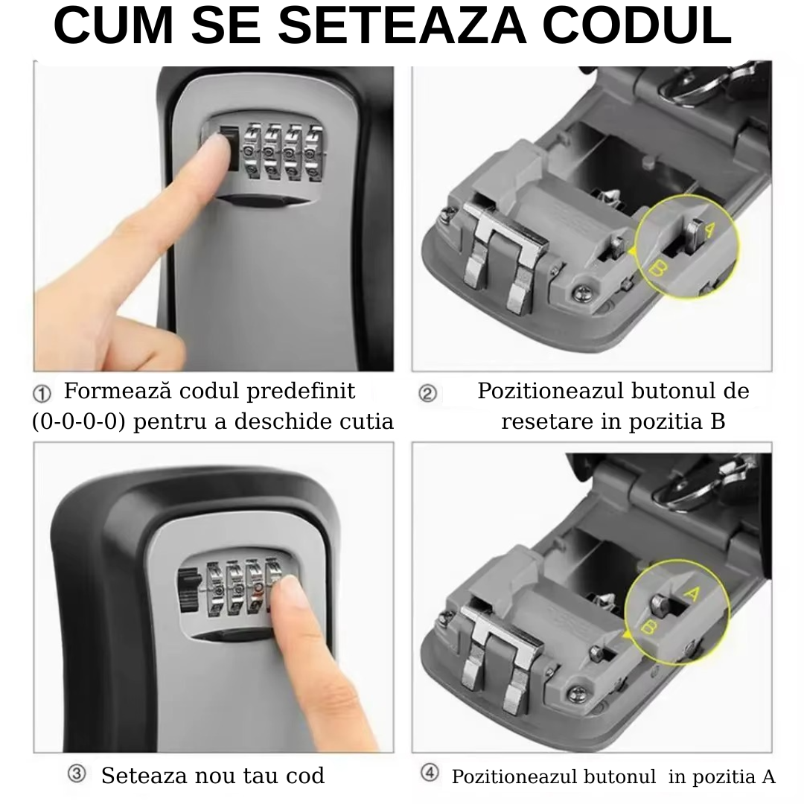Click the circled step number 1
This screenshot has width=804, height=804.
tap(42, 393)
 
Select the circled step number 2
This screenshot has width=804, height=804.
tap(427, 393)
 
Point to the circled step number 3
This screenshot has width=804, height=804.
tap(76, 774)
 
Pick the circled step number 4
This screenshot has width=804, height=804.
tap(430, 773)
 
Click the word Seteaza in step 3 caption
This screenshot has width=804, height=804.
tap(144, 776)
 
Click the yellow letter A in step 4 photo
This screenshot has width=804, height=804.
tap(691, 593)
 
